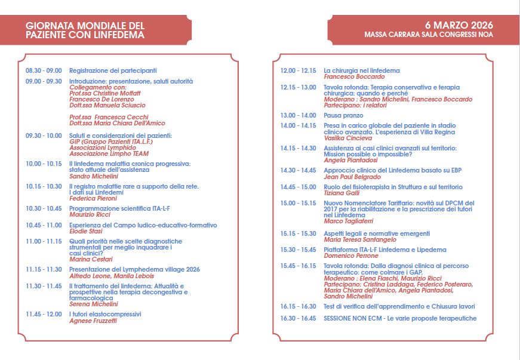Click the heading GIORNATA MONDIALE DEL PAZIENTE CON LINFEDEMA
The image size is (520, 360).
pos(85,30)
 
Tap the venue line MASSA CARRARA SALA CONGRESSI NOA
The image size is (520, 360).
pos(429,35)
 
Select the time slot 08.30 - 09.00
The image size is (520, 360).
pos(44,70)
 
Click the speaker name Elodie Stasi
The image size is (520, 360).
pos(86,231)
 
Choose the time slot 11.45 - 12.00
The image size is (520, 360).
pos(44,314)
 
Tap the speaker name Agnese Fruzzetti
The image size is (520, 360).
pos(93,321)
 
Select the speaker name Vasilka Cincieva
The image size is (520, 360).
pos(348,138)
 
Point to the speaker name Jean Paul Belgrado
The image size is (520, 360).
pos(352,177)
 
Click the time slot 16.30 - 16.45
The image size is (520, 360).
pos(298,318)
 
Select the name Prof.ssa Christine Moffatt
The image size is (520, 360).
pos(105,93)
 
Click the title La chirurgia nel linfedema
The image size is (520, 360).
pos(362,70)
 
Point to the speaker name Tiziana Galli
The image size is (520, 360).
pos(342,193)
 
